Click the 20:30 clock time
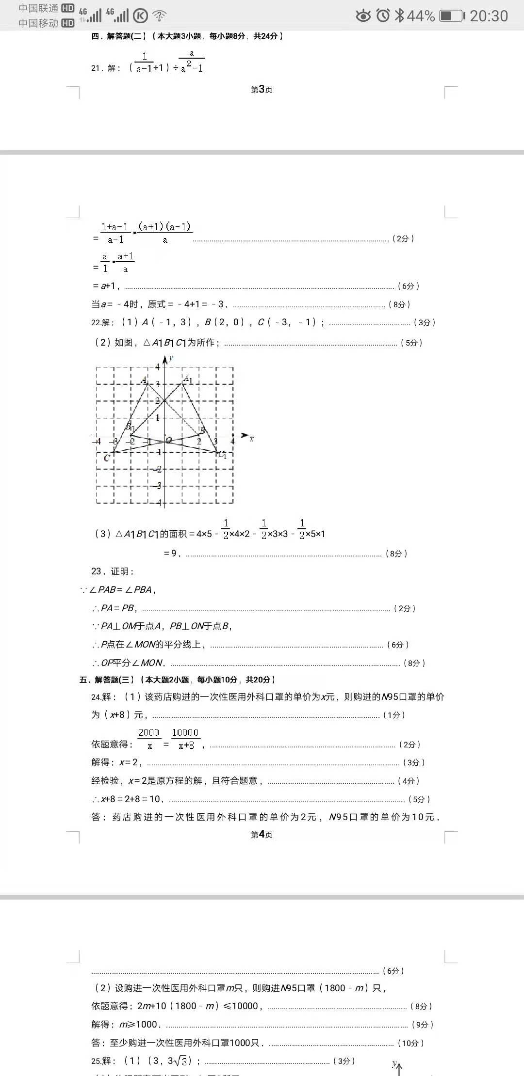(x=489, y=16)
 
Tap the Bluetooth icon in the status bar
(x=399, y=16)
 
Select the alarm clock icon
(x=383, y=16)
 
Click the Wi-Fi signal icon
(x=159, y=16)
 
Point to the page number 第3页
(x=262, y=90)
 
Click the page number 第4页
(x=262, y=834)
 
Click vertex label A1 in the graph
(x=188, y=379)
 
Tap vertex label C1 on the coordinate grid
(x=222, y=455)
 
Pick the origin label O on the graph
(x=169, y=440)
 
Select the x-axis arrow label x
(x=251, y=439)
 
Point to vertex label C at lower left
(x=107, y=458)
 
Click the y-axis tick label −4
(x=158, y=503)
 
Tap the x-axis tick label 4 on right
(x=232, y=441)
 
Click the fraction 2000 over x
(x=149, y=739)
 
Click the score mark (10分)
(x=410, y=1043)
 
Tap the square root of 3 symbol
(x=181, y=1061)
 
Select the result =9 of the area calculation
(x=172, y=553)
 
